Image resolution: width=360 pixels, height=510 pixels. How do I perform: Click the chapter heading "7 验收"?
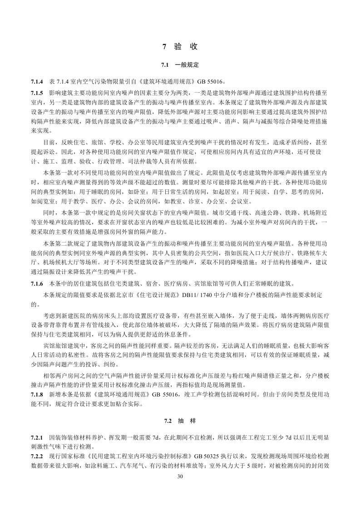180,46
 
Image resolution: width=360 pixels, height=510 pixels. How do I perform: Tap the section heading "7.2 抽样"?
180,421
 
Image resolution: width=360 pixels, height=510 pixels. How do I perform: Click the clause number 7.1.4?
37,82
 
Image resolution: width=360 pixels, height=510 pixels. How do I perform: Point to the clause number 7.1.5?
37,92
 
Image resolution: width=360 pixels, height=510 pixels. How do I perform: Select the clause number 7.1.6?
37,285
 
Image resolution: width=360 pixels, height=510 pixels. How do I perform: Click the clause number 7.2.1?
37,437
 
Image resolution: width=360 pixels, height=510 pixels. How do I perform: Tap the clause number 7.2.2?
37,456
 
